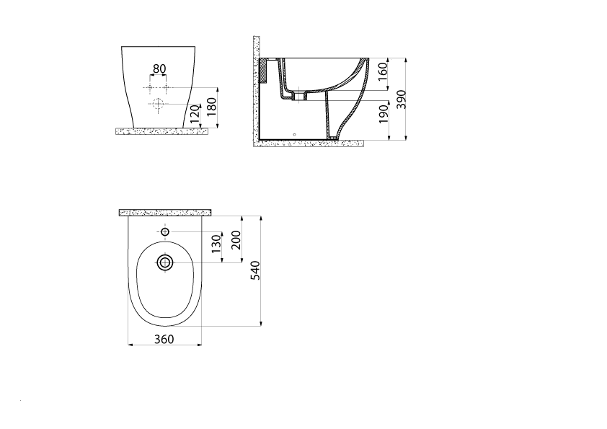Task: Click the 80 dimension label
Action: coord(159,69)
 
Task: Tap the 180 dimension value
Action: coord(211,107)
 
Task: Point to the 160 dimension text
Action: coord(383,71)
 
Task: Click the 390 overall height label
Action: coord(401,99)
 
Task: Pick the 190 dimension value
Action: coord(384,114)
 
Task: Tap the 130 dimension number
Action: coord(216,244)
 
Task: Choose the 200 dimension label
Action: coord(236,240)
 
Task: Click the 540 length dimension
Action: coord(255,270)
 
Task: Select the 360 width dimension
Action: coord(164,339)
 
